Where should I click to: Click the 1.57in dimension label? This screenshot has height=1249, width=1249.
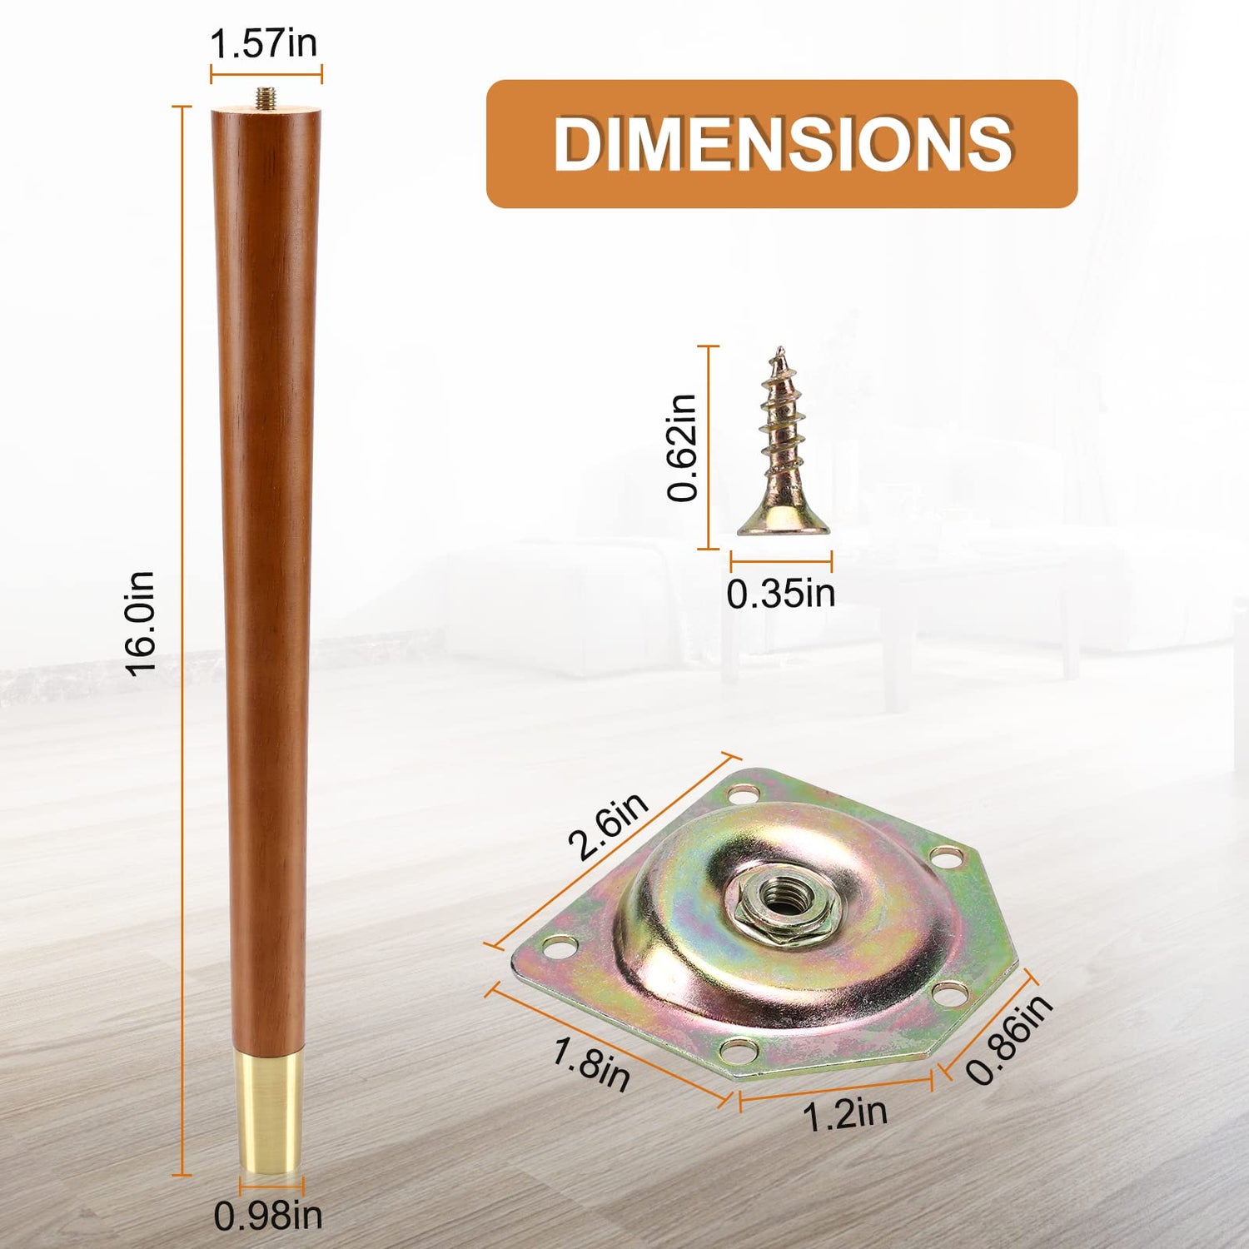click(264, 43)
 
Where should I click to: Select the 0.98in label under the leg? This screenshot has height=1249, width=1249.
click(268, 1216)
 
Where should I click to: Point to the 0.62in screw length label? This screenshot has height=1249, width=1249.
click(683, 447)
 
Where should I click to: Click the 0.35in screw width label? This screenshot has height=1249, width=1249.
click(781, 594)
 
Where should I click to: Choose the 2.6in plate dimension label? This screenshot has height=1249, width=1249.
click(609, 825)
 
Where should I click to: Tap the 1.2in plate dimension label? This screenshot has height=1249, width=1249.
click(845, 1114)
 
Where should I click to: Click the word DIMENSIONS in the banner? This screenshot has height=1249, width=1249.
click(783, 144)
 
